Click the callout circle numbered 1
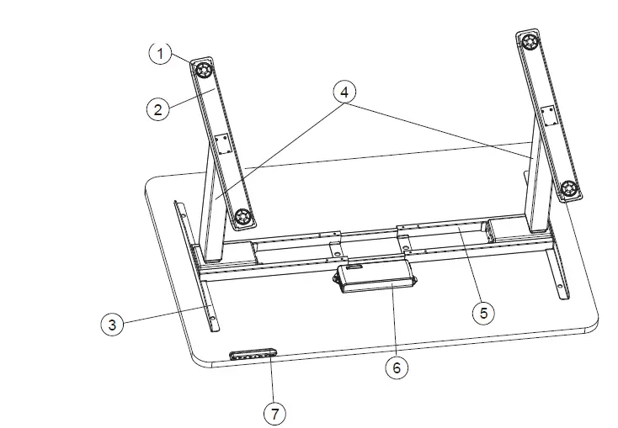(159, 53)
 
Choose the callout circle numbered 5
(482, 312)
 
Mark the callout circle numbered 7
(274, 413)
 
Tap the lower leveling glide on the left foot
(243, 217)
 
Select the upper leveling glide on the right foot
(529, 41)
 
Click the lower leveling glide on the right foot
(568, 188)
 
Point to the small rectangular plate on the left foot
(224, 145)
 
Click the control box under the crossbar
(374, 277)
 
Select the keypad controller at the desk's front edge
(253, 353)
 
